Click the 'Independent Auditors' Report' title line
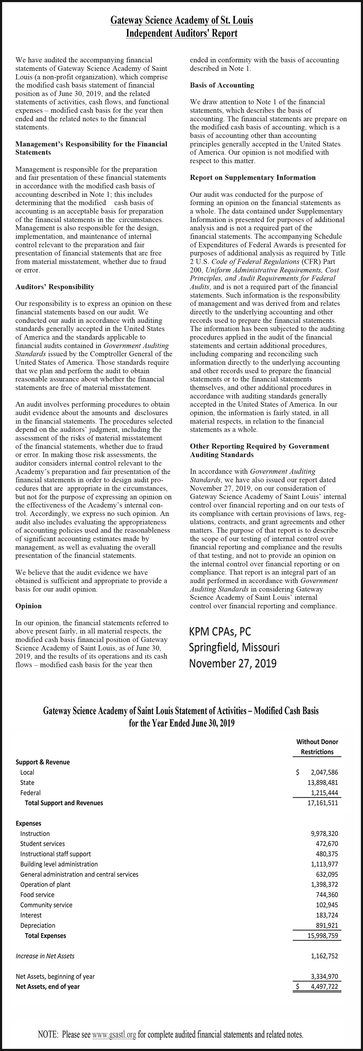pyautogui.click(x=181, y=33)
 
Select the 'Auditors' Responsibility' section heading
pyautogui.click(x=55, y=287)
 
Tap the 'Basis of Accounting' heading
pyautogui.click(x=222, y=85)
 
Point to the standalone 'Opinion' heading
pyautogui.click(x=29, y=606)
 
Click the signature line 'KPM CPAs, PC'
pyautogui.click(x=220, y=632)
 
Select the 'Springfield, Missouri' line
pyautogui.click(x=234, y=648)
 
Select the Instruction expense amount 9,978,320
pyautogui.click(x=324, y=833)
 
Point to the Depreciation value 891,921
pyautogui.click(x=327, y=925)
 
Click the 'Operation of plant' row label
pyautogui.click(x=45, y=884)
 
